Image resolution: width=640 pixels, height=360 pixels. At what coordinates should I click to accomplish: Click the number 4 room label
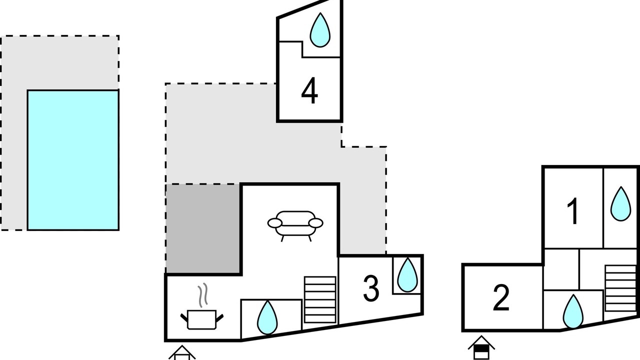coord(309,90)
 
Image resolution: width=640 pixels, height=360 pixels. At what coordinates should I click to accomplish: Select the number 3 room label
coord(371,288)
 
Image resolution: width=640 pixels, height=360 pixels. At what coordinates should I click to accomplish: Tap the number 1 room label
coord(572,211)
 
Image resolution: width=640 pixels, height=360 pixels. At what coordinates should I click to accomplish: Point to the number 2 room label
coord(501,297)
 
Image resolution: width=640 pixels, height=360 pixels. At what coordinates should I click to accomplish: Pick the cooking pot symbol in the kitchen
coord(201,319)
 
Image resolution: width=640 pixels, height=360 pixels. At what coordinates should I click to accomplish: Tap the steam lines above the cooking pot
coord(203,295)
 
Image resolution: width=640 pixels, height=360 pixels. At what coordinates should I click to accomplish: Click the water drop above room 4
coord(320,30)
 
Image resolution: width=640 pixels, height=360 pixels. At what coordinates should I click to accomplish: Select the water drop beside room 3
coord(407,275)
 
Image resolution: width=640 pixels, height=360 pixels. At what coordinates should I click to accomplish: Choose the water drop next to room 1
coord(620,203)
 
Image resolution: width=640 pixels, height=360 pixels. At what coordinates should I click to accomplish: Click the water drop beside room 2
coord(573,311)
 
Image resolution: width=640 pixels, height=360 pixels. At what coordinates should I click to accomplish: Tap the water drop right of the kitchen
coord(267,317)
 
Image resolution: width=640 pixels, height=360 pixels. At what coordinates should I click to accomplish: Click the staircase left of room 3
coord(320,299)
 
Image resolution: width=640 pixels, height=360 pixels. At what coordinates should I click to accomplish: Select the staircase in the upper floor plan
coord(620,288)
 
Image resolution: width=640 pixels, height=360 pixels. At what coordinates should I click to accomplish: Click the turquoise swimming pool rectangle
coord(73,160)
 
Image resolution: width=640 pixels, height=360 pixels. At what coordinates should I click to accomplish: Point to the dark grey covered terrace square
coord(203,228)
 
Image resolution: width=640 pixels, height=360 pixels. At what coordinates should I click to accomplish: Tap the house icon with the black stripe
coord(481,347)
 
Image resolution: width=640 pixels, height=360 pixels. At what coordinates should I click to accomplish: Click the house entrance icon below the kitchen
coord(182,353)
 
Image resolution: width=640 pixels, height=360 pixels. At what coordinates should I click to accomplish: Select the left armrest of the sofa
coord(275,223)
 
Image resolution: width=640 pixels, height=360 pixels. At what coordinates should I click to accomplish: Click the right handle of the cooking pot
coord(219,317)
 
